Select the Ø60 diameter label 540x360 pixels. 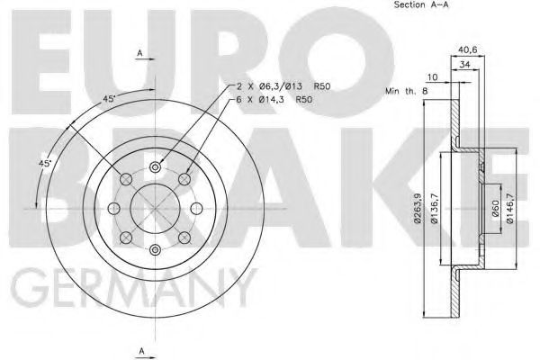[493, 210]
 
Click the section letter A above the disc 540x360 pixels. [139, 55]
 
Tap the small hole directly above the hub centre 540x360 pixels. [156, 166]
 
